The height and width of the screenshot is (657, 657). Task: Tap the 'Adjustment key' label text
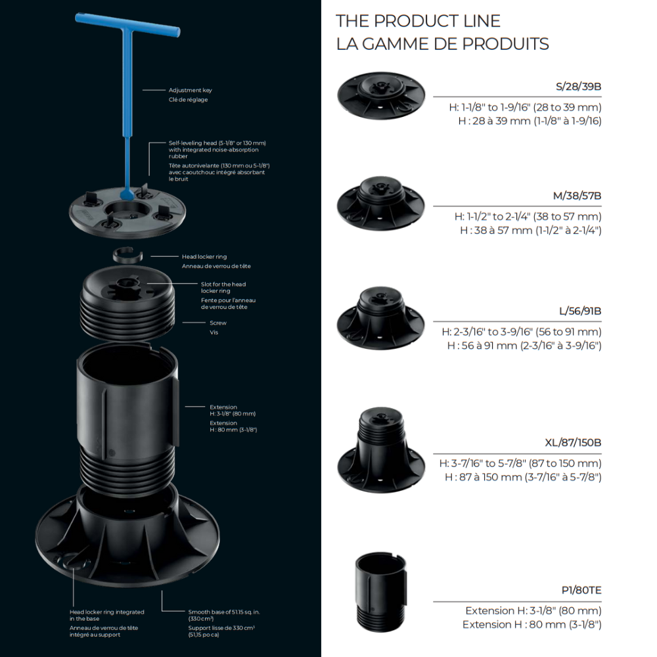coord(191,90)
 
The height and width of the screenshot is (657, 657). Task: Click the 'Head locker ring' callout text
coord(204,257)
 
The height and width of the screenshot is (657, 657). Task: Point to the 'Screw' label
coord(218,323)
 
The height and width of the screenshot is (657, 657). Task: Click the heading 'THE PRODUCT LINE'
coord(418,21)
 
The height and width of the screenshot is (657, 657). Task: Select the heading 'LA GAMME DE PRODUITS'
coord(442,44)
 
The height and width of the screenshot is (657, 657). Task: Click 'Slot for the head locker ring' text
coord(223,287)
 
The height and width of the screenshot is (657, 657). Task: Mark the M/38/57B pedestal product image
coord(381,203)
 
